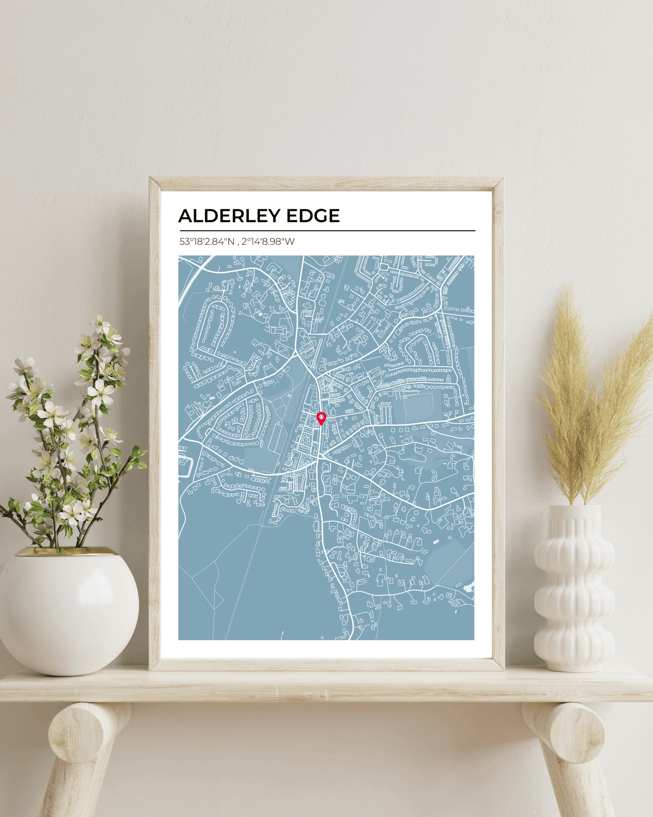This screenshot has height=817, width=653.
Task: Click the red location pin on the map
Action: click(x=321, y=418)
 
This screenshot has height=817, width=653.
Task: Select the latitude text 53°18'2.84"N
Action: click(x=207, y=242)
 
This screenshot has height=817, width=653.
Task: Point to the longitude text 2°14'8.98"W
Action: click(x=268, y=242)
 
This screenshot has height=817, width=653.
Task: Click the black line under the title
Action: click(x=327, y=231)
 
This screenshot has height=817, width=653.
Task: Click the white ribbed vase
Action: click(x=573, y=588)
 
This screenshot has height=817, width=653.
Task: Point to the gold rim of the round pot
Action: click(x=68, y=551)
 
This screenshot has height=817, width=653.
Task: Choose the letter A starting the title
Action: click(x=186, y=216)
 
